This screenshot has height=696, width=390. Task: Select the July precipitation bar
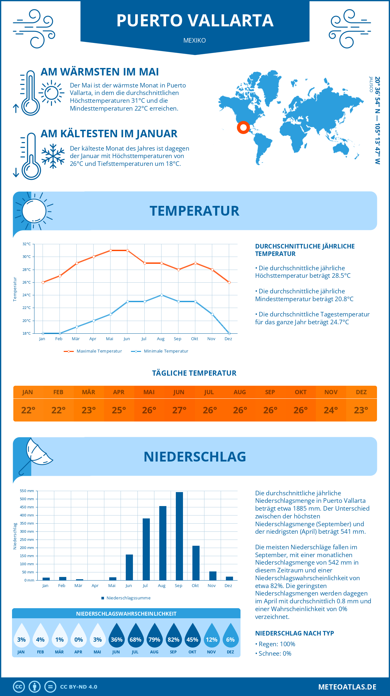pos(146,549)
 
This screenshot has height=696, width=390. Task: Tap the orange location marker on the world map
pos(243,127)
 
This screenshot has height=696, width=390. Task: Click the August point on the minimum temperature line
pos(162,295)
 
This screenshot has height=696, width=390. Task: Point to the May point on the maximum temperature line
pos(110,250)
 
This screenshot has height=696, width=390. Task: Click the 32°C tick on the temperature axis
pos(27,244)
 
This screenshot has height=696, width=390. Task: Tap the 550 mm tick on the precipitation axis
pos(27,491)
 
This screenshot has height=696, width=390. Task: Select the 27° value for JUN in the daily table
pos(179,410)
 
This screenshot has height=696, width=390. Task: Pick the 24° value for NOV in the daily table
pos(331,410)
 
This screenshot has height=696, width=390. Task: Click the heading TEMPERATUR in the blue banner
pos(194,211)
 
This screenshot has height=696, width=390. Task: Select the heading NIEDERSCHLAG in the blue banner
pos(195,457)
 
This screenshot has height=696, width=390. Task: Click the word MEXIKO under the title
pos(194,40)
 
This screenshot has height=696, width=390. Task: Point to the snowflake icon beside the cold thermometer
pos(53,156)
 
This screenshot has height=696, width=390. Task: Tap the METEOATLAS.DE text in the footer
pos(347,687)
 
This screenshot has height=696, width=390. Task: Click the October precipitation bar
pos(196,563)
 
